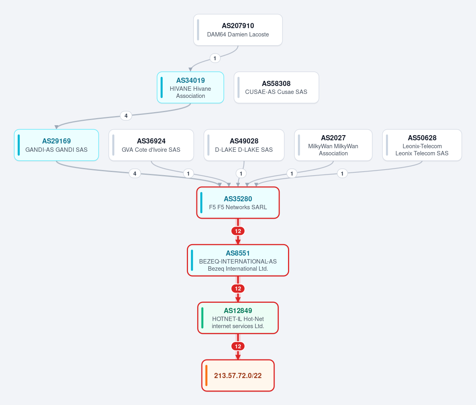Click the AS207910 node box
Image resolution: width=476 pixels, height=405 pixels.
[238, 30]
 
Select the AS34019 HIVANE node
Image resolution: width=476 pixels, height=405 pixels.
[190, 88]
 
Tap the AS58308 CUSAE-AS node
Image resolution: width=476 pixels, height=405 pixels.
[276, 88]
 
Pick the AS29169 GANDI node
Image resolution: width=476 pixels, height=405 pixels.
[56, 145]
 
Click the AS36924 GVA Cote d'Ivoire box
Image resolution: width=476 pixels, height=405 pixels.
[151, 145]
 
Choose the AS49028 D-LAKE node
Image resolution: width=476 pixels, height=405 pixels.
[244, 145]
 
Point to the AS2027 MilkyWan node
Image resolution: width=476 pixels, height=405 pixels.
[333, 145]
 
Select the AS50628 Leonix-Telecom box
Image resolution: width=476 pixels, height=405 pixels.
[422, 145]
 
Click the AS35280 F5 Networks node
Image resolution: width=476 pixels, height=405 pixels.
[238, 202]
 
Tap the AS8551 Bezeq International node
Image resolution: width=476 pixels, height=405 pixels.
[238, 260]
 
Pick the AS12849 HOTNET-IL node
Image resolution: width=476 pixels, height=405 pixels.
[238, 318]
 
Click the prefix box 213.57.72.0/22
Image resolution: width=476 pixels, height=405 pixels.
[238, 375]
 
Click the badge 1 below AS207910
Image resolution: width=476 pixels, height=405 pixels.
[215, 58]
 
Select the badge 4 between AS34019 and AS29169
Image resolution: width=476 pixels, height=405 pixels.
[126, 116]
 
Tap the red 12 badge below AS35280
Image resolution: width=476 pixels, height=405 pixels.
[238, 231]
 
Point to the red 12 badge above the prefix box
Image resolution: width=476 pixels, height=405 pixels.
[238, 346]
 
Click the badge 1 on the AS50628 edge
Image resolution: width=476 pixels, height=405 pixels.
[342, 174]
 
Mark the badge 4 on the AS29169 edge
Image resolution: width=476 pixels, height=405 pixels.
[135, 174]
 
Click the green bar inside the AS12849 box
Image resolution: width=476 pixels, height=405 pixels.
[202, 318]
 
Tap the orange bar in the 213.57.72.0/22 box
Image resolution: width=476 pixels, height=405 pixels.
[206, 375]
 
